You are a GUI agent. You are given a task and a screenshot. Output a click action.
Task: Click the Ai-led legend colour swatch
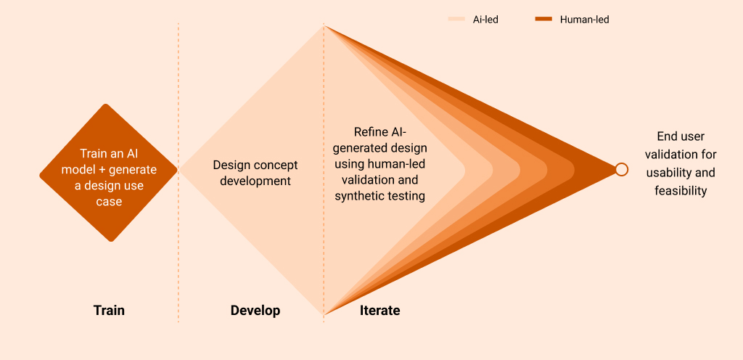coord(456,20)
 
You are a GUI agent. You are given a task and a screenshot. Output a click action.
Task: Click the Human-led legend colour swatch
coord(544,20)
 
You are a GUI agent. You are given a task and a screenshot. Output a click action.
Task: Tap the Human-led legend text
coord(584,20)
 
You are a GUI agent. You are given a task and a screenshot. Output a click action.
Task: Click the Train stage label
coord(109,311)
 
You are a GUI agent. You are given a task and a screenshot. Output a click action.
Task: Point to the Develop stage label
coord(255,311)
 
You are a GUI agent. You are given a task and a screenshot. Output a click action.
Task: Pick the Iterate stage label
coord(379,311)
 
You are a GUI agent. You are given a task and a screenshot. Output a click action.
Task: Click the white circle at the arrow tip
coord(621,169)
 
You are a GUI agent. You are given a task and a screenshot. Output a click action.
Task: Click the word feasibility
coord(680,191)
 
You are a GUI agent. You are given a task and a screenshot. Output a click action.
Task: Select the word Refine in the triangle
coord(370,131)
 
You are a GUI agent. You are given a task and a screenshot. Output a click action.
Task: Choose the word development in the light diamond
coord(255,181)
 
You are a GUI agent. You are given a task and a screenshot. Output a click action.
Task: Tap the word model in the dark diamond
coord(95,169)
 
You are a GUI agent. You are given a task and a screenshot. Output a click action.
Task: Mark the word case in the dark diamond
coord(109,201)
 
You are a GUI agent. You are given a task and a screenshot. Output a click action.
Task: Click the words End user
coord(681,136)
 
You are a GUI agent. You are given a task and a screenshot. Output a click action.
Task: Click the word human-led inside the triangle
coord(391,164)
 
